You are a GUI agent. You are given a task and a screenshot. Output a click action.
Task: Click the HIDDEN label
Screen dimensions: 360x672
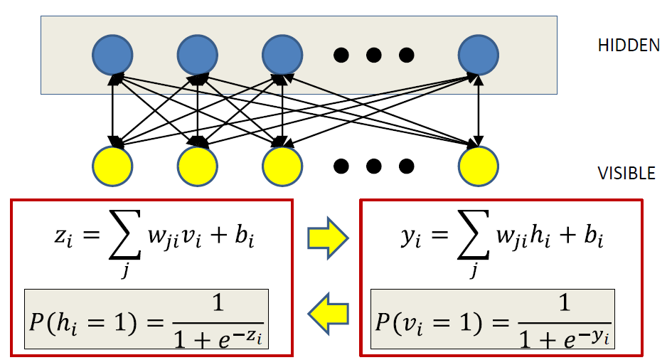(629, 46)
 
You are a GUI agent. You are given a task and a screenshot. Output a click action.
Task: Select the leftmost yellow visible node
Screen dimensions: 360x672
(112, 166)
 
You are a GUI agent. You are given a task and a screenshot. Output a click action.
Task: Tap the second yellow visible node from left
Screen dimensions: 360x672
(197, 166)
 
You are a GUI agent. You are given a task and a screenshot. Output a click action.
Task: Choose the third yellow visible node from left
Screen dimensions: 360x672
(283, 166)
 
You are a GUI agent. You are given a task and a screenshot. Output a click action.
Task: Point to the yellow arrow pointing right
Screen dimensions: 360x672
(326, 240)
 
